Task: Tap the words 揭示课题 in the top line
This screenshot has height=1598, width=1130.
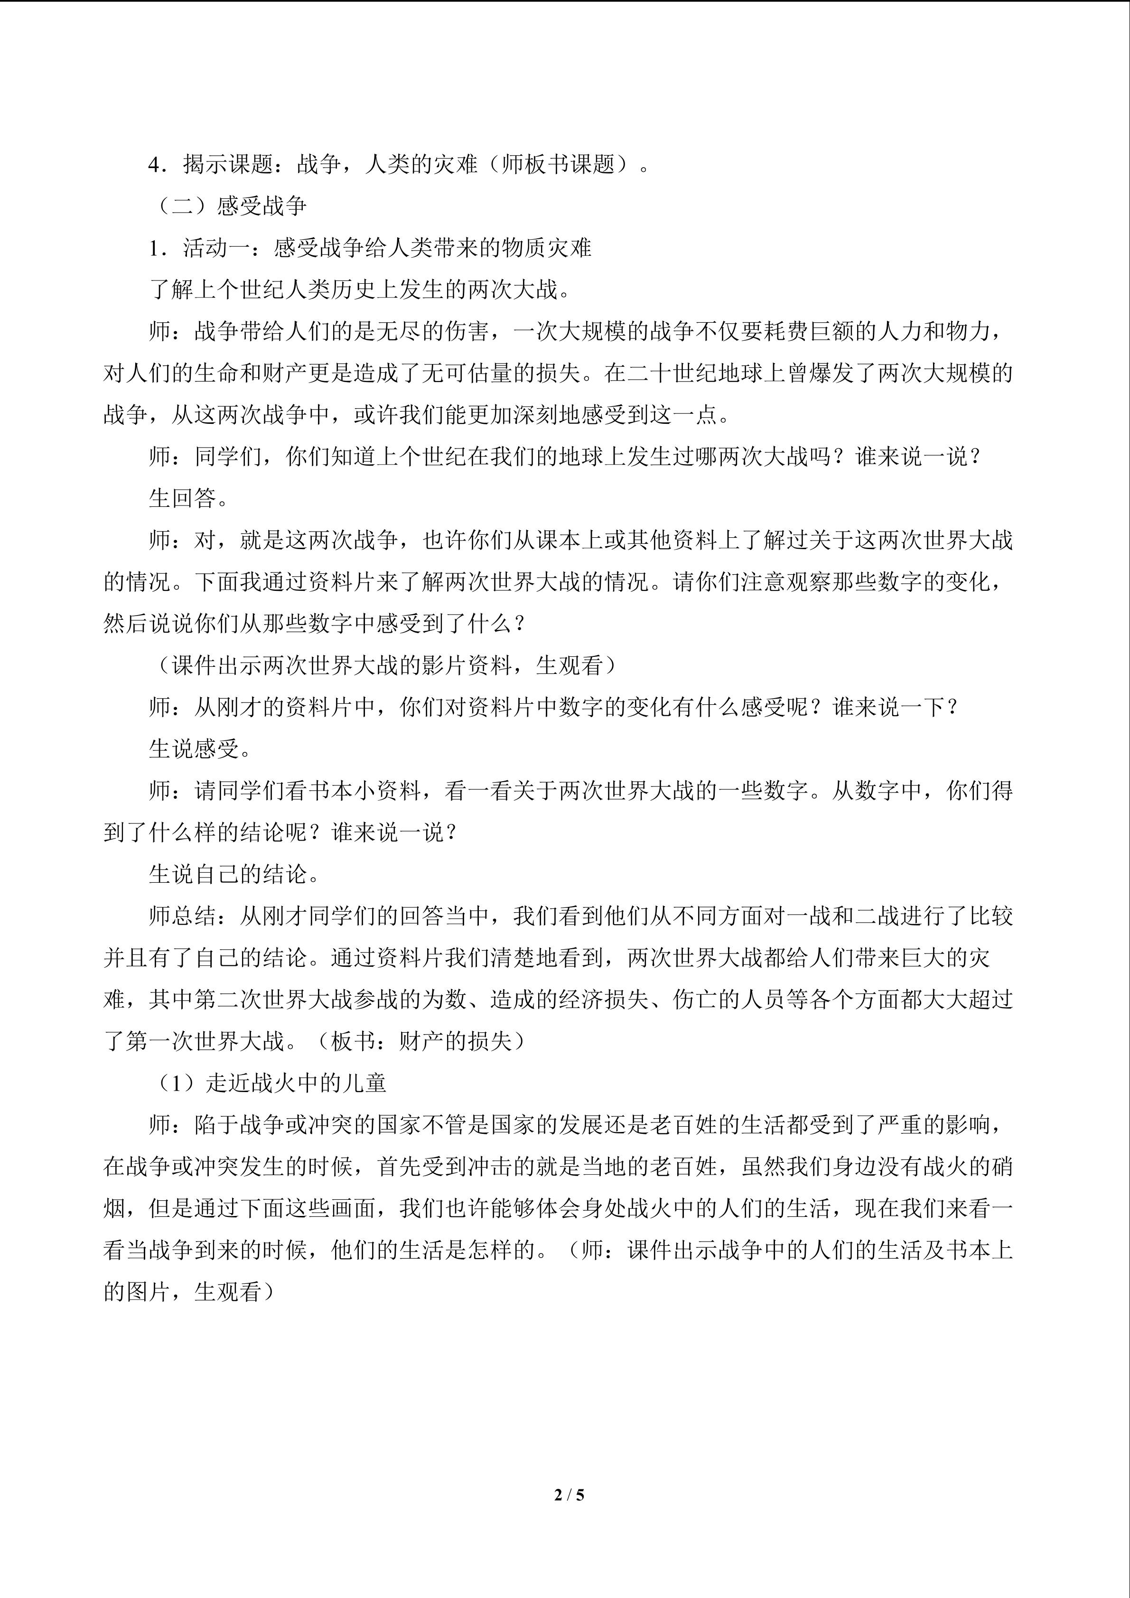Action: [x=228, y=164]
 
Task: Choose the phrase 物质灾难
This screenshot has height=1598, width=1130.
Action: [x=547, y=248]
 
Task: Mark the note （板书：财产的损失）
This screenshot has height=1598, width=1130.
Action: [x=421, y=1041]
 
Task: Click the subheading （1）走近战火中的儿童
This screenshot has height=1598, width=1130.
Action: [x=269, y=1083]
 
